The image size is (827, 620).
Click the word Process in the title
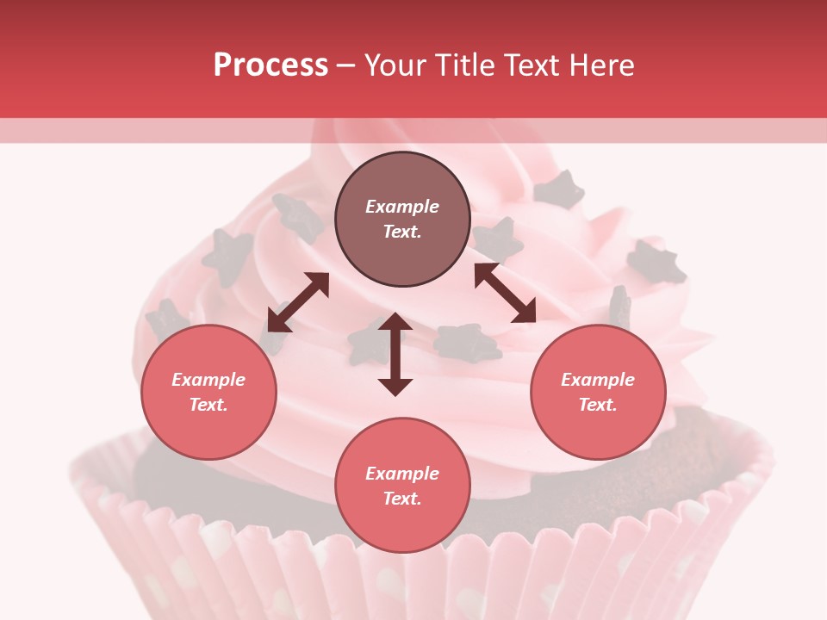click(x=270, y=65)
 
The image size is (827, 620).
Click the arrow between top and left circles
click(x=298, y=302)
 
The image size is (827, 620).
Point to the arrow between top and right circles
click(x=505, y=293)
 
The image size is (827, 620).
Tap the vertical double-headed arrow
click(x=395, y=354)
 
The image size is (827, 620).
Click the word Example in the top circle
click(x=402, y=207)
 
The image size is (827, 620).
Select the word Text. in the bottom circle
click(x=402, y=499)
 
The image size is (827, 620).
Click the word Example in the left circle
click(x=208, y=380)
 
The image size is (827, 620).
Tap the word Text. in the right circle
click(x=598, y=405)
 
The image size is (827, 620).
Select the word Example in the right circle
click(x=598, y=380)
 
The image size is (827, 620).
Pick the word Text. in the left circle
click(x=208, y=405)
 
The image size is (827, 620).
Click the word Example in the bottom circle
click(x=402, y=474)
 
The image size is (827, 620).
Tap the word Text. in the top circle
click(x=402, y=232)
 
